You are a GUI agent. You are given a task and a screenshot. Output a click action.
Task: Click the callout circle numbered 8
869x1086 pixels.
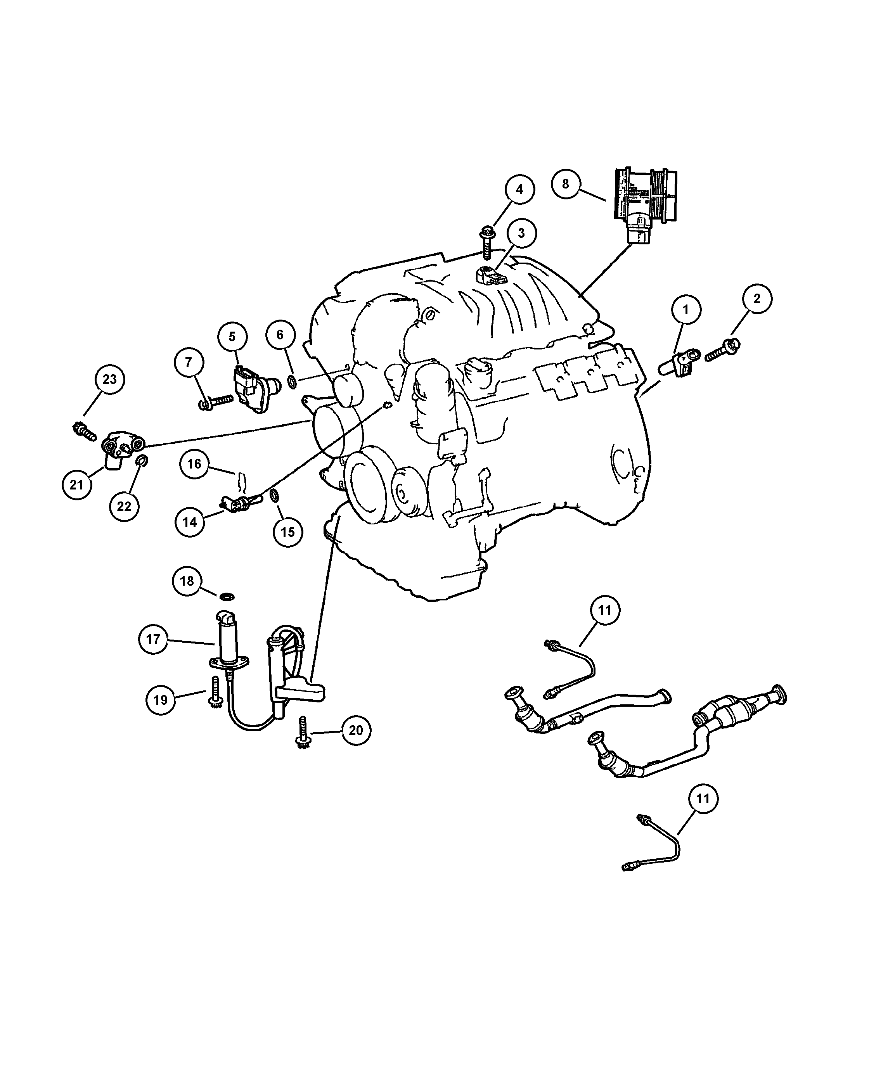pyautogui.click(x=565, y=184)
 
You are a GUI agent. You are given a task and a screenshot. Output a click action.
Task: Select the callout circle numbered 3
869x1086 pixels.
pyautogui.click(x=521, y=233)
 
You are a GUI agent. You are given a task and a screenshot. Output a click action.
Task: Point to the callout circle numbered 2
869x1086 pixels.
pyautogui.click(x=756, y=299)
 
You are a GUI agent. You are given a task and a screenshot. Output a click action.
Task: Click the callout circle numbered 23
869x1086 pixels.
pyautogui.click(x=110, y=379)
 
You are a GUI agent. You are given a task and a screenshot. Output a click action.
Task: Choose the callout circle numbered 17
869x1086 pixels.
pyautogui.click(x=152, y=639)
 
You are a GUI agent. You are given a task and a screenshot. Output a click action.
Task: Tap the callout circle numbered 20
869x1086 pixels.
pyautogui.click(x=356, y=730)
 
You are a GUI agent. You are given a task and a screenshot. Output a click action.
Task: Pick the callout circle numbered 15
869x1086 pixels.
pyautogui.click(x=287, y=532)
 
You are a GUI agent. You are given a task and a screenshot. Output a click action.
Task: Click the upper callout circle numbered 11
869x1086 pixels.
pyautogui.click(x=604, y=610)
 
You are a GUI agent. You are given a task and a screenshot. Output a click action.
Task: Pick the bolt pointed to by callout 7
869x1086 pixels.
pyautogui.click(x=217, y=402)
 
